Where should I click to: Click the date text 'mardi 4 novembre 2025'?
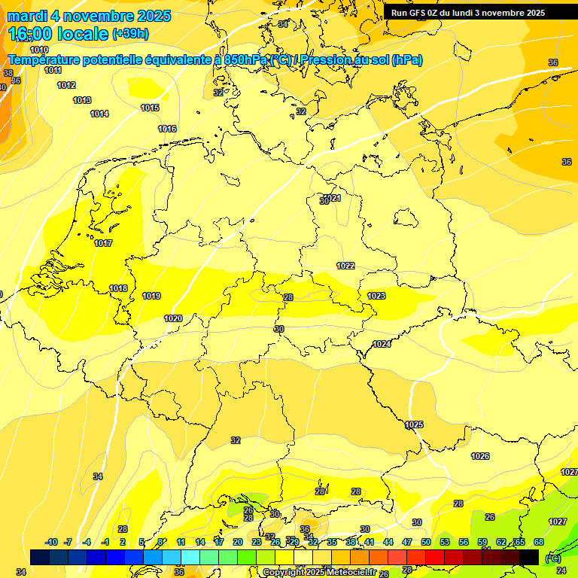[89, 16]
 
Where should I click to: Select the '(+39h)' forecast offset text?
[130, 34]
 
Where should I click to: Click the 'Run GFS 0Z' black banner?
[468, 12]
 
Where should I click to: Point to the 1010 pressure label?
[39, 50]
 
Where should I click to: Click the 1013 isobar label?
[82, 100]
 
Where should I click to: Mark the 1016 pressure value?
[167, 129]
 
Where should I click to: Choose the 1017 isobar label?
[103, 243]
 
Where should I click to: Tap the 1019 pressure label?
[151, 296]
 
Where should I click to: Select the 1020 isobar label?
[173, 318]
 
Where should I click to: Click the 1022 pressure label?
[345, 266]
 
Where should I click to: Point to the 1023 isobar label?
[376, 296]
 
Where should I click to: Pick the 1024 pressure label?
[382, 344]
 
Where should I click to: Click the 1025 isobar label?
[414, 425]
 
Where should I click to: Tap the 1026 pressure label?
[480, 456]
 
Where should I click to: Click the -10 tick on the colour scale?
[51, 542]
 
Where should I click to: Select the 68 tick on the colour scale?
[538, 542]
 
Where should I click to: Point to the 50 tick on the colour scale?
[426, 542]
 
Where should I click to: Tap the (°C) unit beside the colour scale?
[553, 558]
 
